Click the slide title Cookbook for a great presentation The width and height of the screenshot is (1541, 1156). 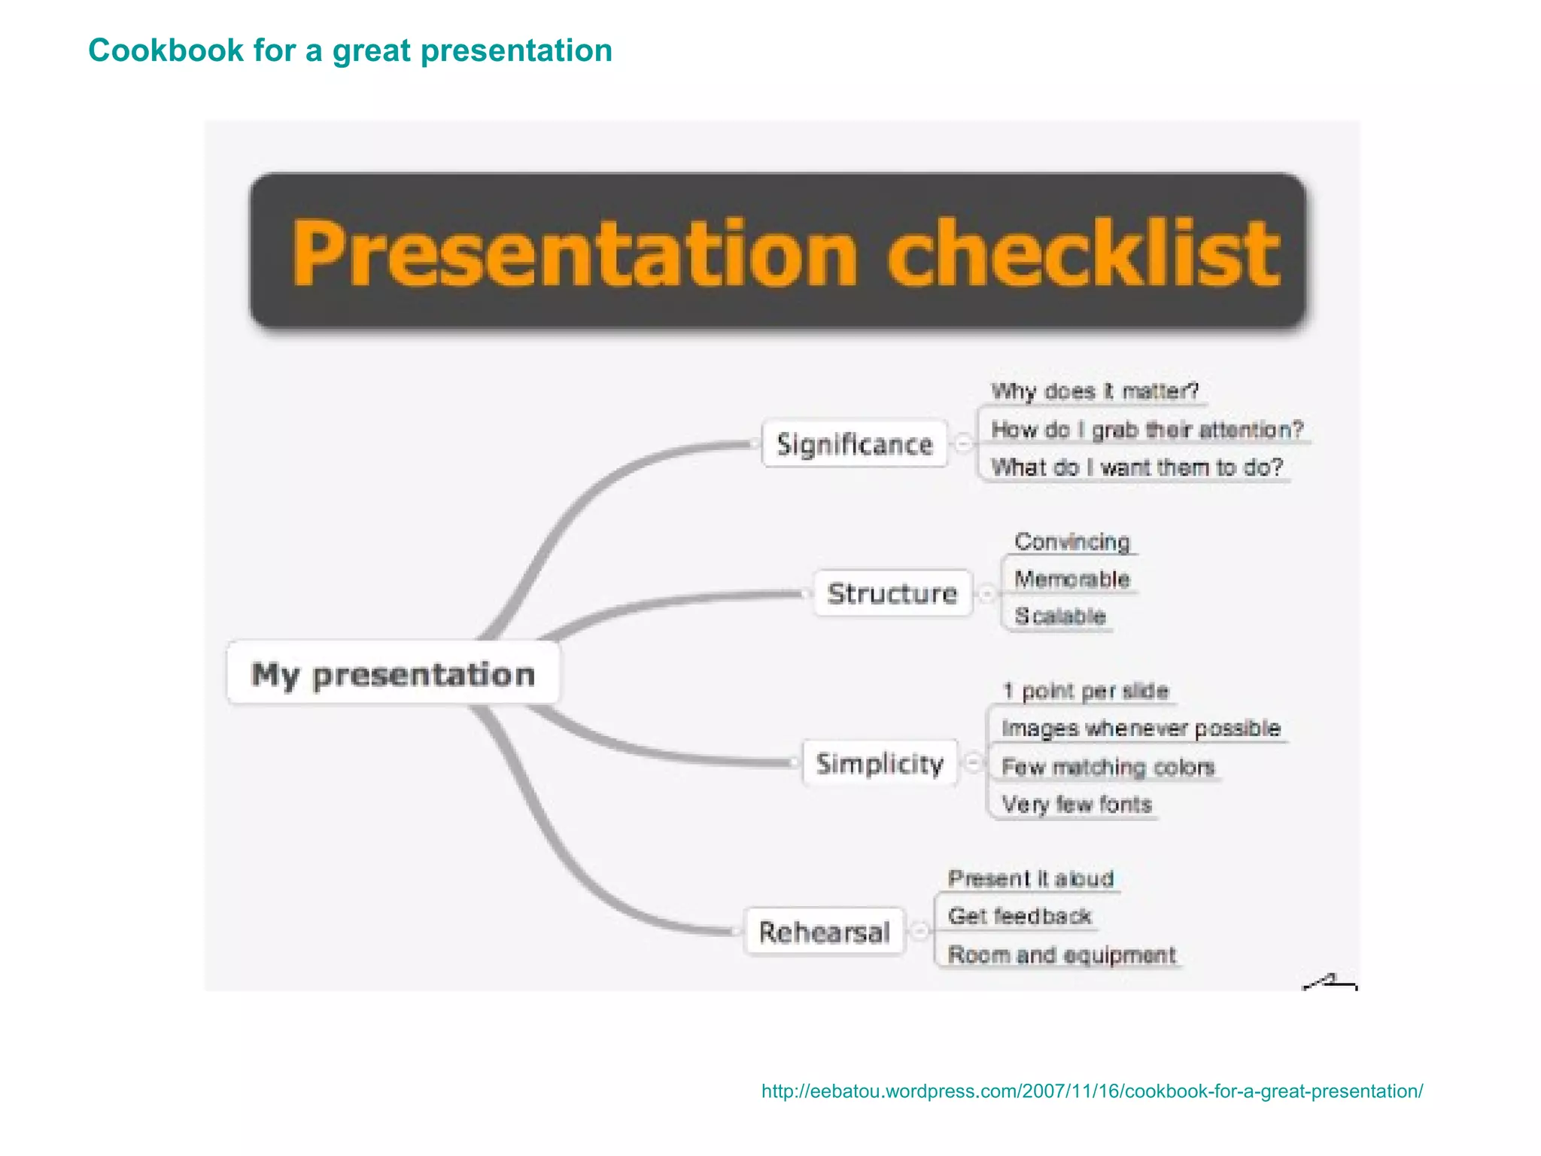(x=350, y=51)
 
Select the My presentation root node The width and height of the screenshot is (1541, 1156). (x=393, y=674)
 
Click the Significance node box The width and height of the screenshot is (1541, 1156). (x=854, y=444)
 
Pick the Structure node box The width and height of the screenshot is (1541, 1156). (x=892, y=593)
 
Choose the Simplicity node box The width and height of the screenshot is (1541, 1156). (x=880, y=763)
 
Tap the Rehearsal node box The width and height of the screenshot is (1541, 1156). (x=824, y=932)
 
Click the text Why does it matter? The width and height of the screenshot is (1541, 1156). (x=1094, y=391)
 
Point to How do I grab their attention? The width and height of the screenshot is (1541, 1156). (x=1147, y=430)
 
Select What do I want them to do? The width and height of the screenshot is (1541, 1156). (x=1136, y=467)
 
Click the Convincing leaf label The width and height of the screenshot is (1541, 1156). (x=1072, y=541)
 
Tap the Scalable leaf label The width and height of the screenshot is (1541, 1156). (x=1060, y=616)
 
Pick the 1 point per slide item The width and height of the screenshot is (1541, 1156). (x=1086, y=691)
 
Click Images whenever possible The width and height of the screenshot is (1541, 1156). (x=1141, y=729)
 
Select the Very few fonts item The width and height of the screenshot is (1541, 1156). (x=1077, y=805)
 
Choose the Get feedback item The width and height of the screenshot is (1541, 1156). (x=1020, y=916)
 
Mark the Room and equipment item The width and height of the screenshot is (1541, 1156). (x=1061, y=955)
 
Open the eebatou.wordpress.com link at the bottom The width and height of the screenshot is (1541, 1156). (x=1092, y=1091)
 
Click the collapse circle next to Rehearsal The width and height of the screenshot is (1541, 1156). (x=919, y=932)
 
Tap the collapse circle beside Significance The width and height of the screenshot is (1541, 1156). (x=962, y=443)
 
